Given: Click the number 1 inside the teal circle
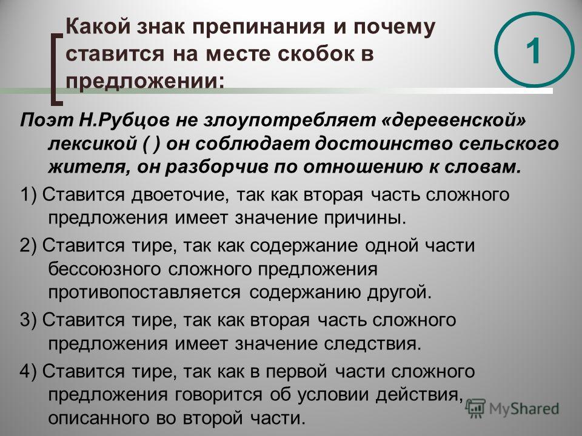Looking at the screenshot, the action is click(533, 50).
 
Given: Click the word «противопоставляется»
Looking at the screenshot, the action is click(144, 292).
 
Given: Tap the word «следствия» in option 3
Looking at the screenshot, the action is click(372, 344).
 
